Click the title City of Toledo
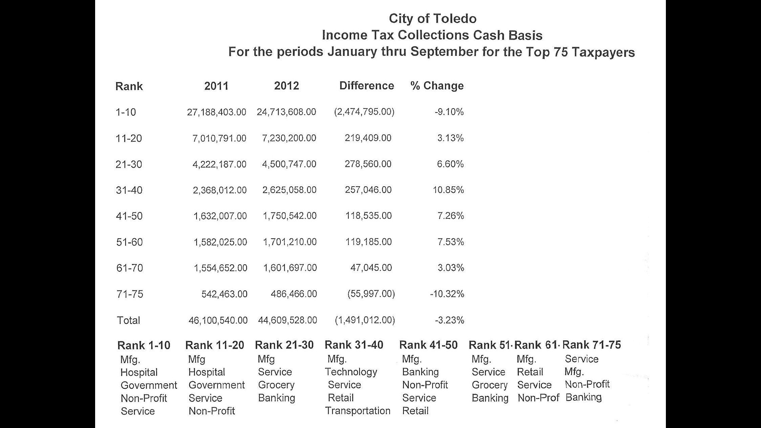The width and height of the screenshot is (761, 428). click(432, 19)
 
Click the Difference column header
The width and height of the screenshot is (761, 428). click(367, 86)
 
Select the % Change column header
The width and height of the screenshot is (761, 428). click(437, 86)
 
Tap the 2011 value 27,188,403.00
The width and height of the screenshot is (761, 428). click(216, 112)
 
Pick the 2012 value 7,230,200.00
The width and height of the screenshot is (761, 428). click(289, 138)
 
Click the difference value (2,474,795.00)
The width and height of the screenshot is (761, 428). click(364, 112)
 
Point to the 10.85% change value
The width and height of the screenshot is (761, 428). click(448, 190)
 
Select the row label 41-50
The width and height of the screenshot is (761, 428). click(129, 216)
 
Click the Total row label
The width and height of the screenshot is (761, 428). click(128, 320)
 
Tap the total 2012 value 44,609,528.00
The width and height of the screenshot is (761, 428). click(287, 320)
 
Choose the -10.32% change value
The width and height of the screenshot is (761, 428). click(447, 294)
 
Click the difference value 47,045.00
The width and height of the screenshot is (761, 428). click(371, 268)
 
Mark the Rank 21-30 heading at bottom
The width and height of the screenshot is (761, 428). click(284, 345)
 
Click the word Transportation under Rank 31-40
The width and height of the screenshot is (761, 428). click(358, 411)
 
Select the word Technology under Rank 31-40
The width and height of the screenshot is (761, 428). click(351, 372)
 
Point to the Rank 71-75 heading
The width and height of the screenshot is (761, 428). click(591, 345)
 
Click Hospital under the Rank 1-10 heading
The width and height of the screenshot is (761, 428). click(139, 373)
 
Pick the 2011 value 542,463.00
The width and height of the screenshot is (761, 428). click(224, 294)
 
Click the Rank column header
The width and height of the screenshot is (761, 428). click(129, 86)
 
